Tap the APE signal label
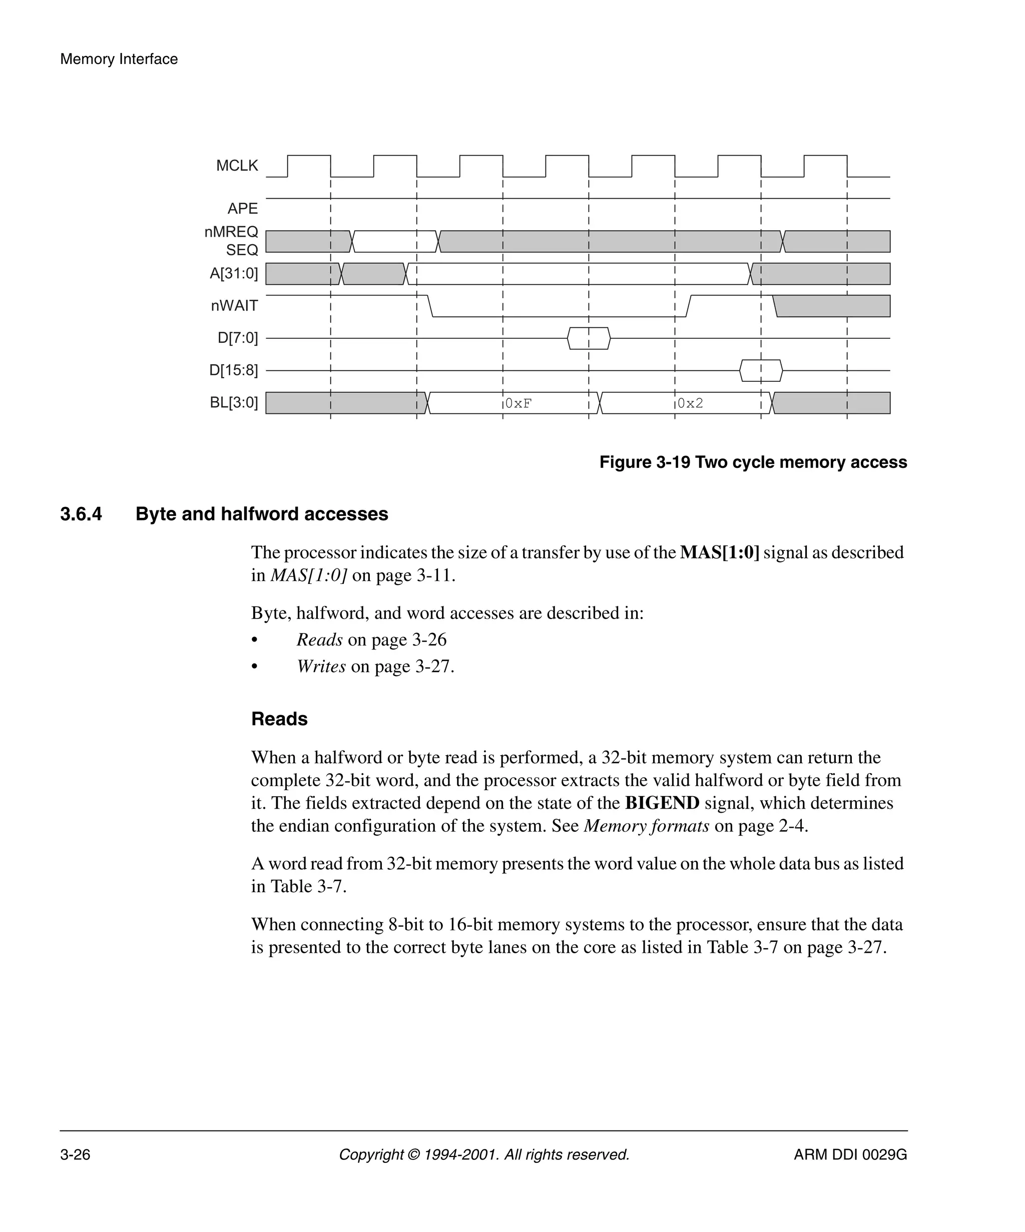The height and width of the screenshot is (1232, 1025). click(x=242, y=209)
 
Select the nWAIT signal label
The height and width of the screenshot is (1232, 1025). click(x=234, y=306)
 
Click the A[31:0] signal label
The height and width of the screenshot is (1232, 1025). click(x=234, y=273)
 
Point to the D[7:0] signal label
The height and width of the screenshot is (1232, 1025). click(x=237, y=338)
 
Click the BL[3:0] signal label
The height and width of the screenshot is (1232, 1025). click(x=234, y=402)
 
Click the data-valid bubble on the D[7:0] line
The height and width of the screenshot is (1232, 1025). click(x=589, y=338)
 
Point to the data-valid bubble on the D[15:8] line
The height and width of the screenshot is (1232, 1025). click(x=760, y=371)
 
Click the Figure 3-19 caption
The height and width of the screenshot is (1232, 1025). click(x=753, y=462)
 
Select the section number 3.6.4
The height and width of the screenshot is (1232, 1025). click(x=81, y=514)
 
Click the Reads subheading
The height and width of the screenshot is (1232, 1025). click(x=279, y=719)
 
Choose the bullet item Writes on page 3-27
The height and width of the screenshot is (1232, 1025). click(x=375, y=667)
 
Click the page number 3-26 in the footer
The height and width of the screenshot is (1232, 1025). click(x=75, y=1154)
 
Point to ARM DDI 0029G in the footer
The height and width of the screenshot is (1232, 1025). click(x=850, y=1154)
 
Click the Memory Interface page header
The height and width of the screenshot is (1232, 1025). click(x=119, y=59)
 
